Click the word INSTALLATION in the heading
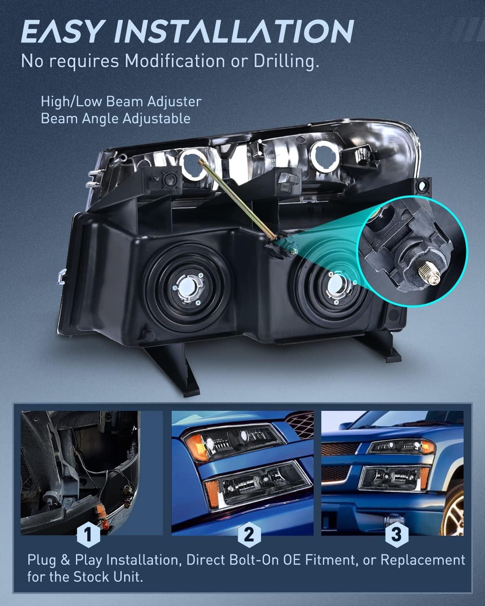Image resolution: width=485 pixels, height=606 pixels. (x=234, y=31)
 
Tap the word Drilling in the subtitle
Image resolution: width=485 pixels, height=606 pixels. (x=287, y=61)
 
